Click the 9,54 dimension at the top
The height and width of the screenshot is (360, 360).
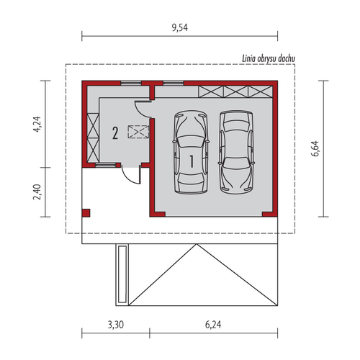pyautogui.click(x=180, y=28)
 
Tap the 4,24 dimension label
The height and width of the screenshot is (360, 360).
pyautogui.click(x=37, y=125)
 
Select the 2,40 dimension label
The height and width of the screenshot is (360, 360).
pyautogui.click(x=37, y=192)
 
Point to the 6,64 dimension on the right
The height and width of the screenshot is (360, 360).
pyautogui.click(x=315, y=148)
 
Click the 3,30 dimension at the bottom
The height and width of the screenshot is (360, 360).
pyautogui.click(x=116, y=325)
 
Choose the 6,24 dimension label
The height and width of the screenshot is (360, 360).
pyautogui.click(x=213, y=325)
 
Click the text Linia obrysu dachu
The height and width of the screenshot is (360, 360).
pyautogui.click(x=269, y=58)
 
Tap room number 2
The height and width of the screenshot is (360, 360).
pyautogui.click(x=115, y=133)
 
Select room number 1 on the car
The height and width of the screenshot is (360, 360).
pyautogui.click(x=192, y=161)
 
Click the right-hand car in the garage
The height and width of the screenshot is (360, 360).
pyautogui.click(x=236, y=152)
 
